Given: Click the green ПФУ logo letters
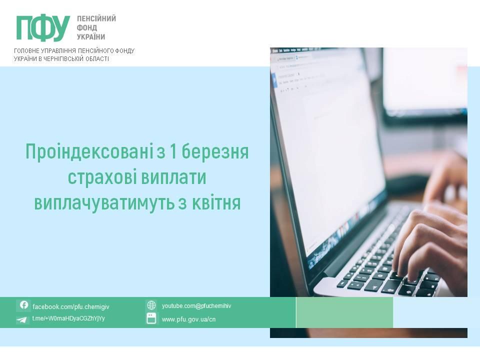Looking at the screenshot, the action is pyautogui.click(x=43, y=28).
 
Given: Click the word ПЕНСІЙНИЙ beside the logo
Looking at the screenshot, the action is pyautogui.click(x=96, y=18).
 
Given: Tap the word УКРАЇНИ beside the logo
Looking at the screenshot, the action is pyautogui.click(x=91, y=37).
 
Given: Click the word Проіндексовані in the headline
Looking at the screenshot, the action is pyautogui.click(x=89, y=152).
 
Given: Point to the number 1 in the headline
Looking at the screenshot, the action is pyautogui.click(x=173, y=151).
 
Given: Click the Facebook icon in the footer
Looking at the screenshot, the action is pyautogui.click(x=24, y=305).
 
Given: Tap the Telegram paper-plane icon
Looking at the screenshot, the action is pyautogui.click(x=21, y=320).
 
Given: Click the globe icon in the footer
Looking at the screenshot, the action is pyautogui.click(x=151, y=305).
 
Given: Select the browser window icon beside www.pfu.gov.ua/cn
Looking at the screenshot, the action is pyautogui.click(x=151, y=318).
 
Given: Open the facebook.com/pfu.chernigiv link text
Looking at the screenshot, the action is pyautogui.click(x=70, y=306).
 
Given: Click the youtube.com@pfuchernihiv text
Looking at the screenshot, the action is pyautogui.click(x=196, y=306).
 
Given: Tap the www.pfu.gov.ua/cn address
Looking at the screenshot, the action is pyautogui.click(x=188, y=319).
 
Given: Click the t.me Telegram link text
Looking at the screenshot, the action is pyautogui.click(x=68, y=318).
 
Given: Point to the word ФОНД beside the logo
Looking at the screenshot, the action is pyautogui.click(x=87, y=28).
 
